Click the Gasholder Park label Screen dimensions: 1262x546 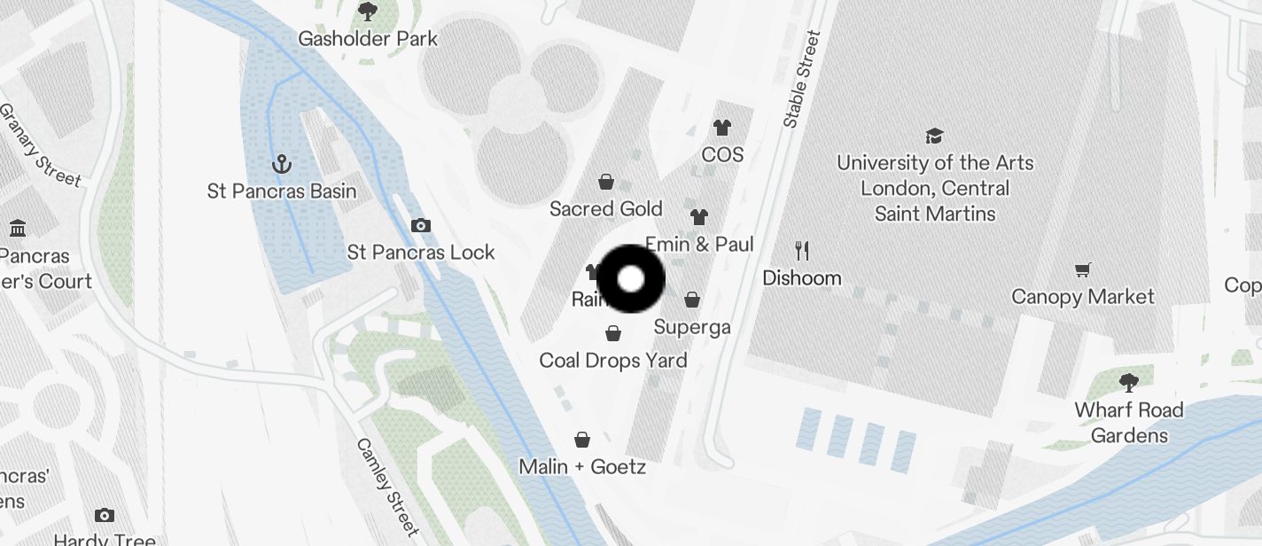pos(367,39)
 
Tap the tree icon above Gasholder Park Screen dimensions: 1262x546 pos(367,12)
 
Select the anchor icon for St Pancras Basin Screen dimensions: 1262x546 pos(281,164)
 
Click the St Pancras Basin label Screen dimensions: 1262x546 pos(282,191)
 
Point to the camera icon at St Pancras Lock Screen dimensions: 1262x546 pos(421,225)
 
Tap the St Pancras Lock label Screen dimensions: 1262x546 pos(421,253)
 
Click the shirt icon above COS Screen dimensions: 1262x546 pos(722,129)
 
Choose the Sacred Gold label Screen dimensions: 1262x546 pos(606,209)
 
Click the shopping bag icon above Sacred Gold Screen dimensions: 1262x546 pos(606,182)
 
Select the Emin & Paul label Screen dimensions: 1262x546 pos(699,244)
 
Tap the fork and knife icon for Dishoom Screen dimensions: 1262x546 pos(802,251)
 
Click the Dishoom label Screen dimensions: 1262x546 pos(802,278)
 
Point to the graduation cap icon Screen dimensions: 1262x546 pos(934,136)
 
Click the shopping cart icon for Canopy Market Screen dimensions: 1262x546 pos(1082,269)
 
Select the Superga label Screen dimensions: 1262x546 pos(692,327)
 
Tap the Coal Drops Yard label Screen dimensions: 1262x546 pos(613,361)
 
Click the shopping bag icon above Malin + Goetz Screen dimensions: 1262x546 pos(582,439)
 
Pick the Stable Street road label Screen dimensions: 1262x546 pos(801,80)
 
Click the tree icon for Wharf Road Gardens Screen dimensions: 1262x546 pos(1128,383)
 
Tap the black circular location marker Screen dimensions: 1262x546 pos(631,279)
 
